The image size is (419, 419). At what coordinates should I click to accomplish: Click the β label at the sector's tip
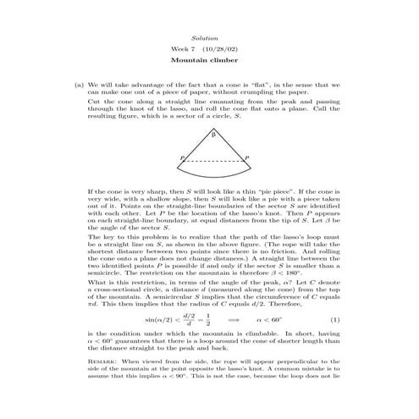coord(213,135)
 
